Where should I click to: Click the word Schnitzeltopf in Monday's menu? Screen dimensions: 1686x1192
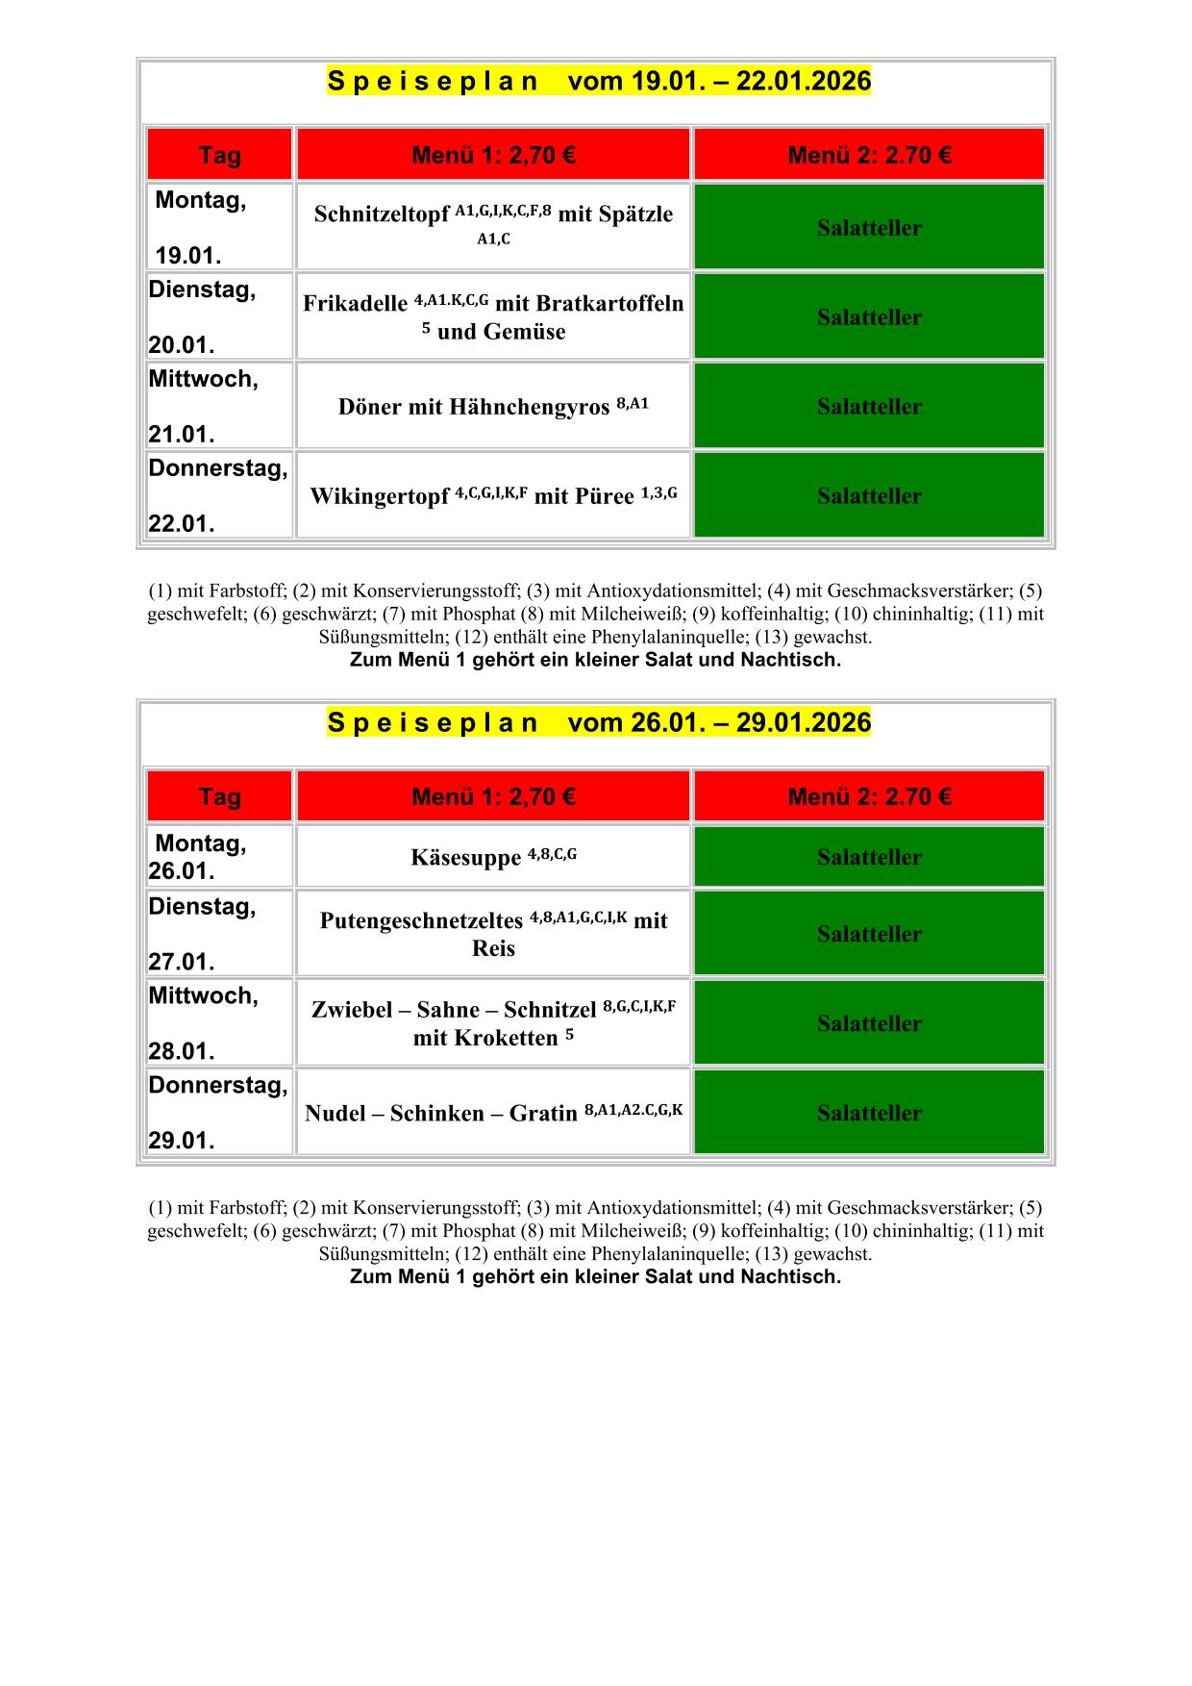click(381, 214)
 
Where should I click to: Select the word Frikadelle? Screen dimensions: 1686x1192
click(355, 304)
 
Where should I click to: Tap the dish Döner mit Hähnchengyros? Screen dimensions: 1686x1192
click(476, 407)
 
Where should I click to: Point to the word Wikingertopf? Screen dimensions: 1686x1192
click(379, 496)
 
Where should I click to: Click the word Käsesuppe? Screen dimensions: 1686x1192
click(465, 857)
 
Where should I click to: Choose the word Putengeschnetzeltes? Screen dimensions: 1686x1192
click(421, 920)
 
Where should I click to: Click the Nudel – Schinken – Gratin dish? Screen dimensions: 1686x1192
click(442, 1114)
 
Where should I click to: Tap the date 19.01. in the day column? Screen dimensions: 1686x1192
click(188, 256)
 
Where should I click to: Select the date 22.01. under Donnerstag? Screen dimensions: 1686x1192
click(181, 524)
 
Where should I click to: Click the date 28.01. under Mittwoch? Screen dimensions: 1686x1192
click(181, 1051)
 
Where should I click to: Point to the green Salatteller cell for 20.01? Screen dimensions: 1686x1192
click(869, 317)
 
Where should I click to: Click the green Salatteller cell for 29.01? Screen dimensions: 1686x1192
click(869, 1113)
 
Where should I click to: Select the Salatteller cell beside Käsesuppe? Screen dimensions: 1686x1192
click(869, 857)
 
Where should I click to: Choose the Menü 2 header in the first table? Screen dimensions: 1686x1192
click(869, 155)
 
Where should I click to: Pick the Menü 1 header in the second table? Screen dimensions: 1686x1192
click(493, 796)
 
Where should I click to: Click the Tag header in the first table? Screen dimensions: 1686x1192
click(219, 155)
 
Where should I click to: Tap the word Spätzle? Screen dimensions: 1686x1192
click(635, 214)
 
